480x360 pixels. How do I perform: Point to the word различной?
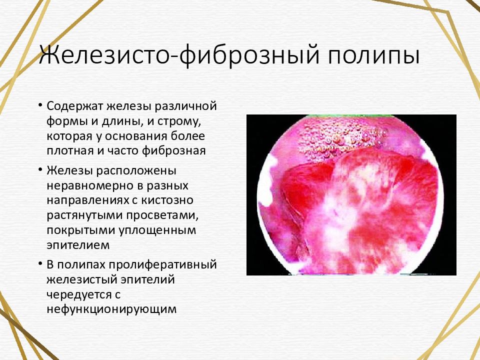(185, 106)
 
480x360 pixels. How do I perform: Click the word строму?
(179, 121)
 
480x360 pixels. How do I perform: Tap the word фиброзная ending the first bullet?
(173, 151)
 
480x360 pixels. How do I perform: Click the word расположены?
(136, 171)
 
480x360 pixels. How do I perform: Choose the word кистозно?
(167, 200)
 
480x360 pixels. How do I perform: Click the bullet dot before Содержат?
(40, 104)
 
